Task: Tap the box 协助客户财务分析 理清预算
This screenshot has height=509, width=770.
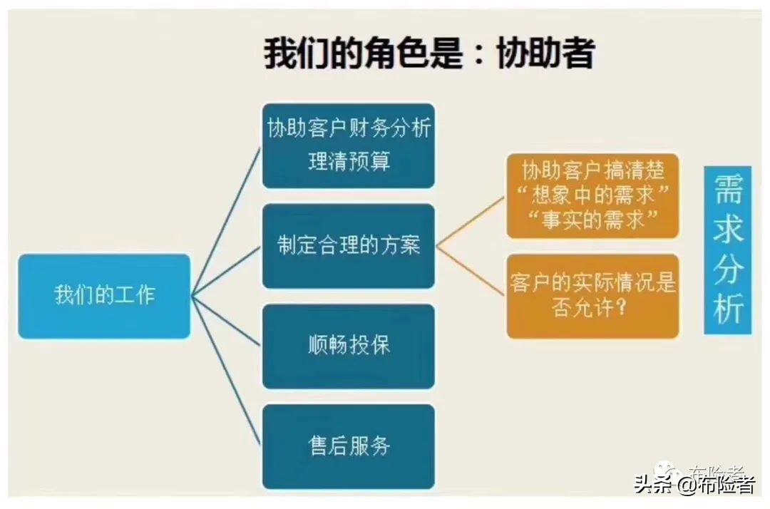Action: pyautogui.click(x=348, y=145)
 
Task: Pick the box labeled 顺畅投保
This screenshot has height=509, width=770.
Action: pyautogui.click(x=348, y=346)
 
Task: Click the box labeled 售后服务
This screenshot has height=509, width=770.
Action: pyautogui.click(x=348, y=447)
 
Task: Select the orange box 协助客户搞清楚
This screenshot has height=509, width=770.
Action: pyautogui.click(x=592, y=195)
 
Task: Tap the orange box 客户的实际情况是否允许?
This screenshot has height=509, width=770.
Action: pyautogui.click(x=592, y=295)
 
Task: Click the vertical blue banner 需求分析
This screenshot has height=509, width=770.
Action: pyautogui.click(x=728, y=250)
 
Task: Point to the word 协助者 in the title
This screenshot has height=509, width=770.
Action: pyautogui.click(x=545, y=53)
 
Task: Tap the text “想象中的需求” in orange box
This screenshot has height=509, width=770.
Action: pyautogui.click(x=592, y=195)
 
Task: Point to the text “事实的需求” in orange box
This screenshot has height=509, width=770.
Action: pyautogui.click(x=592, y=220)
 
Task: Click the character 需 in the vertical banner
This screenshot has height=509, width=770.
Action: pyautogui.click(x=728, y=188)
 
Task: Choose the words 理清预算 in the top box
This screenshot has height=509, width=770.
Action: pyautogui.click(x=349, y=162)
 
